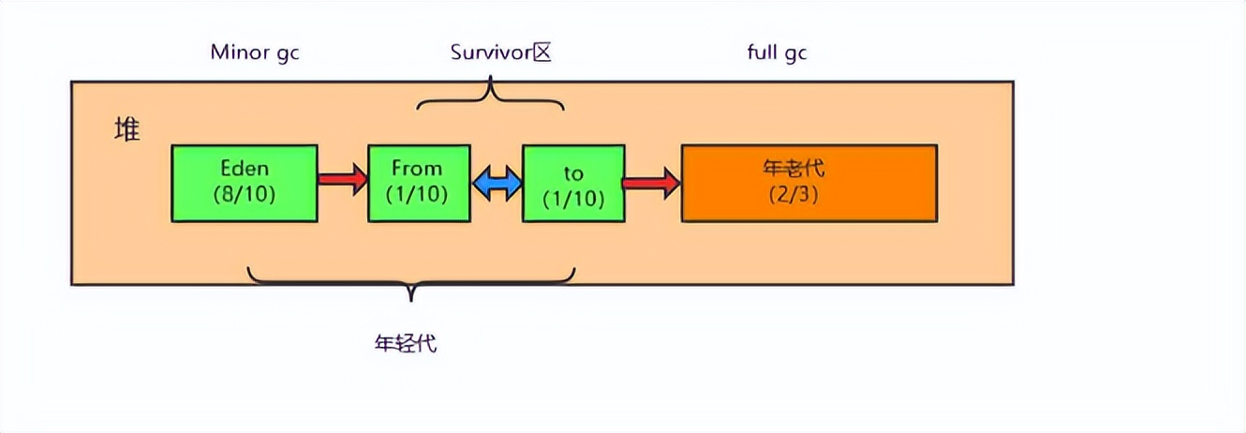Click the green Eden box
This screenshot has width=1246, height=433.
[245, 184]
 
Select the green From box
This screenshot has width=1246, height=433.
[418, 184]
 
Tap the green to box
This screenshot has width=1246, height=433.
[573, 184]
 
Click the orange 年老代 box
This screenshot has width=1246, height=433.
[808, 184]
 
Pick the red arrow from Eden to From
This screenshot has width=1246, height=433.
[342, 179]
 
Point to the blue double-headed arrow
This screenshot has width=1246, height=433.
[496, 183]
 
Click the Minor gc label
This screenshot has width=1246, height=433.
[255, 52]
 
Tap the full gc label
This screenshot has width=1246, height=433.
[777, 52]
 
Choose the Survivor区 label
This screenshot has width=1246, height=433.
[499, 52]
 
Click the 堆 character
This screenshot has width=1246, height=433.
[126, 130]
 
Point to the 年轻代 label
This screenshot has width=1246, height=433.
[405, 343]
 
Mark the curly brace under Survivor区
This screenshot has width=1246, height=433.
[490, 97]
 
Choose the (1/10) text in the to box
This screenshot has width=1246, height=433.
[573, 198]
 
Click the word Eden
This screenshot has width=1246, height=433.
[245, 170]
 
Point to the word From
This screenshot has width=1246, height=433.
[417, 170]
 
